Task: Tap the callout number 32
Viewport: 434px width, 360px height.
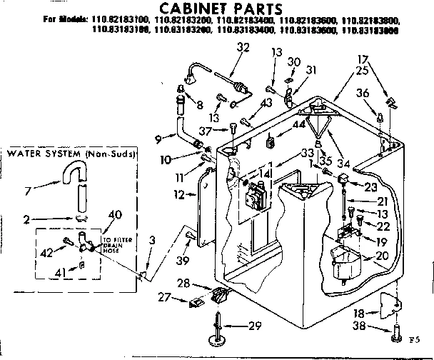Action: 243,48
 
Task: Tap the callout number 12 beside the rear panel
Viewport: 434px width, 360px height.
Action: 178,194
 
